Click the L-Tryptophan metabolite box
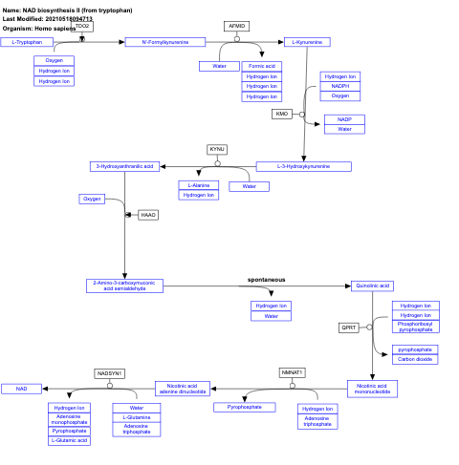click(x=27, y=42)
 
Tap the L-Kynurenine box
click(x=306, y=42)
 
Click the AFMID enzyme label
click(x=236, y=25)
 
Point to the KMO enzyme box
click(x=281, y=114)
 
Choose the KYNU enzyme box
click(x=217, y=149)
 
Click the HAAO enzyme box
click(x=148, y=215)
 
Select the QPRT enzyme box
click(x=349, y=328)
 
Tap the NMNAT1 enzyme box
click(x=292, y=371)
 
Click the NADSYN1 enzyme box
click(x=110, y=372)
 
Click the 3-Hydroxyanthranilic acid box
click(x=123, y=166)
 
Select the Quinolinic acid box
click(x=373, y=285)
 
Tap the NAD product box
click(x=20, y=389)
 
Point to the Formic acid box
click(x=261, y=66)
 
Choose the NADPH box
click(x=340, y=86)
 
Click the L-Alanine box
click(x=199, y=185)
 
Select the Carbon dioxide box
click(x=416, y=359)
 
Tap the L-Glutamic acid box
click(x=69, y=440)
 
